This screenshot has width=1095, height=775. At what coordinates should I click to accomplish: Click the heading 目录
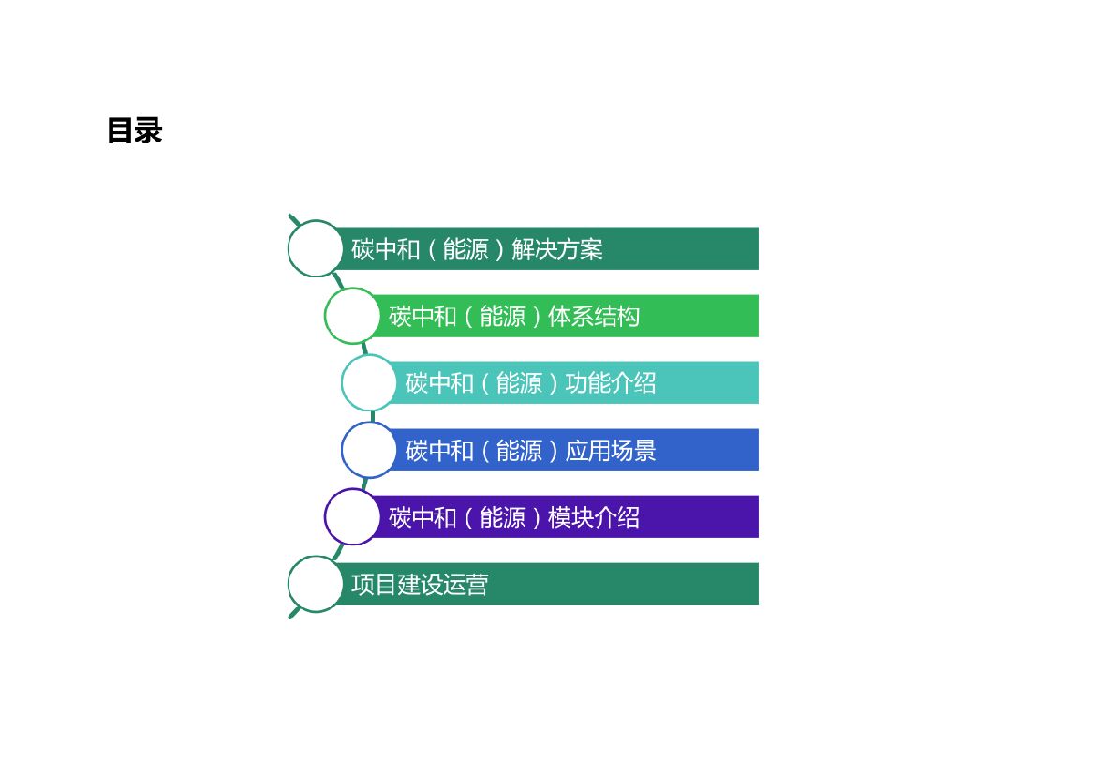134,130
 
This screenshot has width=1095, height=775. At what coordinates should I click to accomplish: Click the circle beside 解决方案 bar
316,248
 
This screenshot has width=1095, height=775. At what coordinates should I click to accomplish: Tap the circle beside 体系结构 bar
353,316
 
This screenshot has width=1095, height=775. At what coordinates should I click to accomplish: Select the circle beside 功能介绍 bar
370,382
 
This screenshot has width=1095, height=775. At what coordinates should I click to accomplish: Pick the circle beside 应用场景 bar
370,450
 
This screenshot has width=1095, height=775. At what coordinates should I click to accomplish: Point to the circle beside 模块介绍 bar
353,516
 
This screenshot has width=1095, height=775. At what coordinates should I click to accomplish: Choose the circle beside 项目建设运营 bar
316,584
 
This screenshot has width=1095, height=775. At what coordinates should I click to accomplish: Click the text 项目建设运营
420,586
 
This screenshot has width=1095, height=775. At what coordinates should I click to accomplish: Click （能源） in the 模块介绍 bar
502,517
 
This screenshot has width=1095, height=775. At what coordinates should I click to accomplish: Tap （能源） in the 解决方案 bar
466,249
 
